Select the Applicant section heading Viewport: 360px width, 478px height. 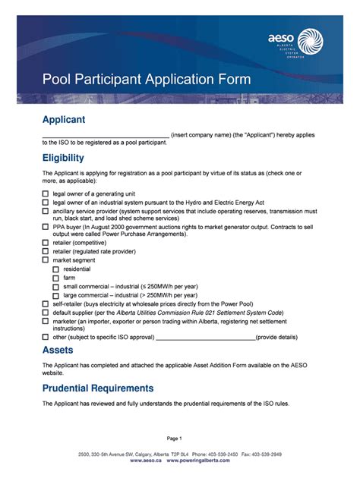(x=63, y=120)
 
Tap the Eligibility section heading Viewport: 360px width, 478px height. (x=63, y=158)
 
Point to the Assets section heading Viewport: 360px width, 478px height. (x=58, y=350)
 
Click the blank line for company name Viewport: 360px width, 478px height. (x=106, y=135)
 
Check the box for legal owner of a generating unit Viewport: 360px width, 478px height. (x=46, y=193)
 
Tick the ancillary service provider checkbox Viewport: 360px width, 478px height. (x=46, y=212)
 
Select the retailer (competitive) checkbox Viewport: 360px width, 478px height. (x=46, y=243)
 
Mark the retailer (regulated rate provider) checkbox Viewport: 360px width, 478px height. (x=46, y=251)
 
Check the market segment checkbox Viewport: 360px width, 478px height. (x=46, y=260)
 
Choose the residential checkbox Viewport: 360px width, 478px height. (x=55, y=269)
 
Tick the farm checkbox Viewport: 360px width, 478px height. (x=55, y=278)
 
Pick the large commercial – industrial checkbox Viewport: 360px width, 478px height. (x=55, y=294)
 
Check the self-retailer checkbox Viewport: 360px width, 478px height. (x=46, y=303)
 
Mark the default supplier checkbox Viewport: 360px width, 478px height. (x=46, y=312)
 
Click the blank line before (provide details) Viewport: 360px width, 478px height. (x=204, y=337)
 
